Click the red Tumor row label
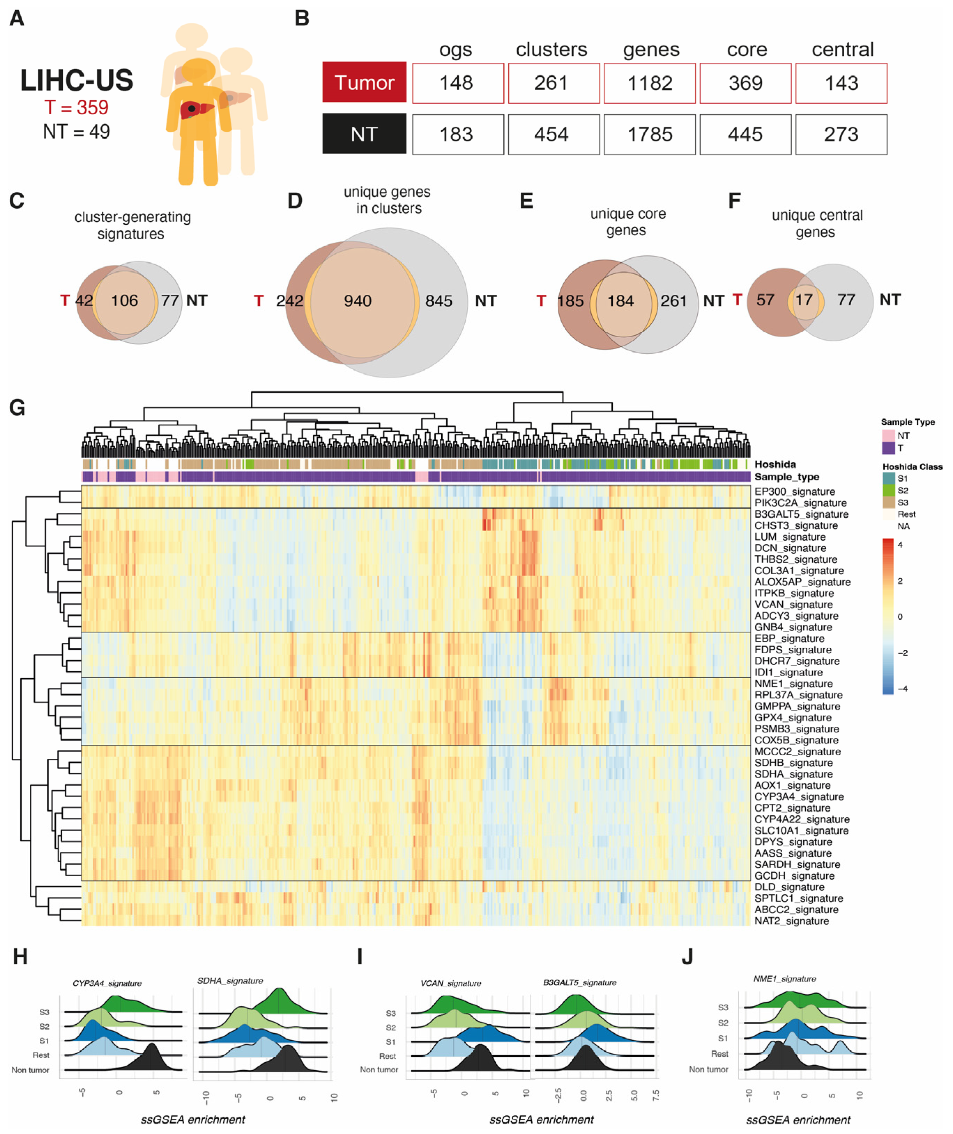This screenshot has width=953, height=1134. point(364,82)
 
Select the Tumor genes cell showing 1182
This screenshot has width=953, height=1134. point(649,83)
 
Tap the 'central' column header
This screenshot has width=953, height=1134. point(842,50)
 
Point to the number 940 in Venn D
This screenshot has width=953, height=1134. point(358,301)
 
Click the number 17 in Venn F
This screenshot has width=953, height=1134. point(804,300)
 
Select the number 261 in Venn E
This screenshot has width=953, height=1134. point(674,301)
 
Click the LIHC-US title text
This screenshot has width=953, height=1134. point(76,80)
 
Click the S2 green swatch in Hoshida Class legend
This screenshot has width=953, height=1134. point(888,491)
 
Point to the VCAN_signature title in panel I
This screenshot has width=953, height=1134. point(451,983)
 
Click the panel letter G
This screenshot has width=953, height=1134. point(17,407)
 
